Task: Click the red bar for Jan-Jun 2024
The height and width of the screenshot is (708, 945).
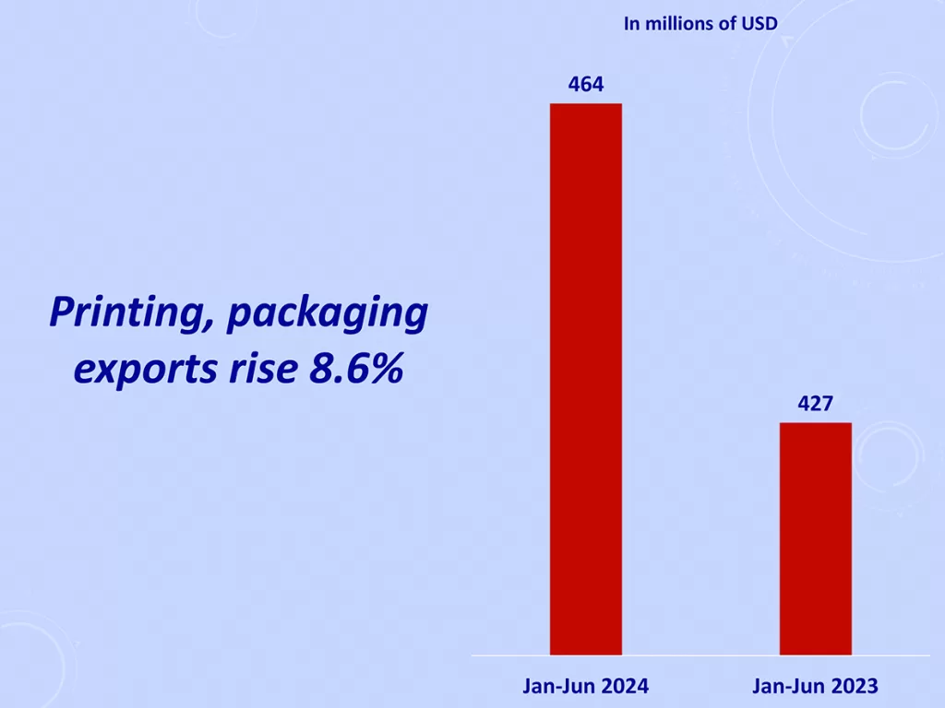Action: click(x=586, y=378)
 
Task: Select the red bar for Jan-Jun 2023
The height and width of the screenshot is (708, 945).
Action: click(x=816, y=538)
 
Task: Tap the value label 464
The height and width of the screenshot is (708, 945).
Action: click(x=586, y=85)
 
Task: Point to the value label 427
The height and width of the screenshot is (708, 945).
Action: click(x=816, y=404)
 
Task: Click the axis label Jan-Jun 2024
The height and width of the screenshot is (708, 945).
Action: click(x=586, y=686)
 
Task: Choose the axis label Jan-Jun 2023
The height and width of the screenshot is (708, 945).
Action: click(x=816, y=686)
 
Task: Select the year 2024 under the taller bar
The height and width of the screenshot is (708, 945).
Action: click(x=626, y=686)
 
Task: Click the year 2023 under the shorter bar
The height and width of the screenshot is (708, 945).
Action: click(x=855, y=686)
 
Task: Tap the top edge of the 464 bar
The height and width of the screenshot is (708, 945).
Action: click(x=586, y=104)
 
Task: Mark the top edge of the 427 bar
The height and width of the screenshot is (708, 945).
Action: click(x=816, y=423)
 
